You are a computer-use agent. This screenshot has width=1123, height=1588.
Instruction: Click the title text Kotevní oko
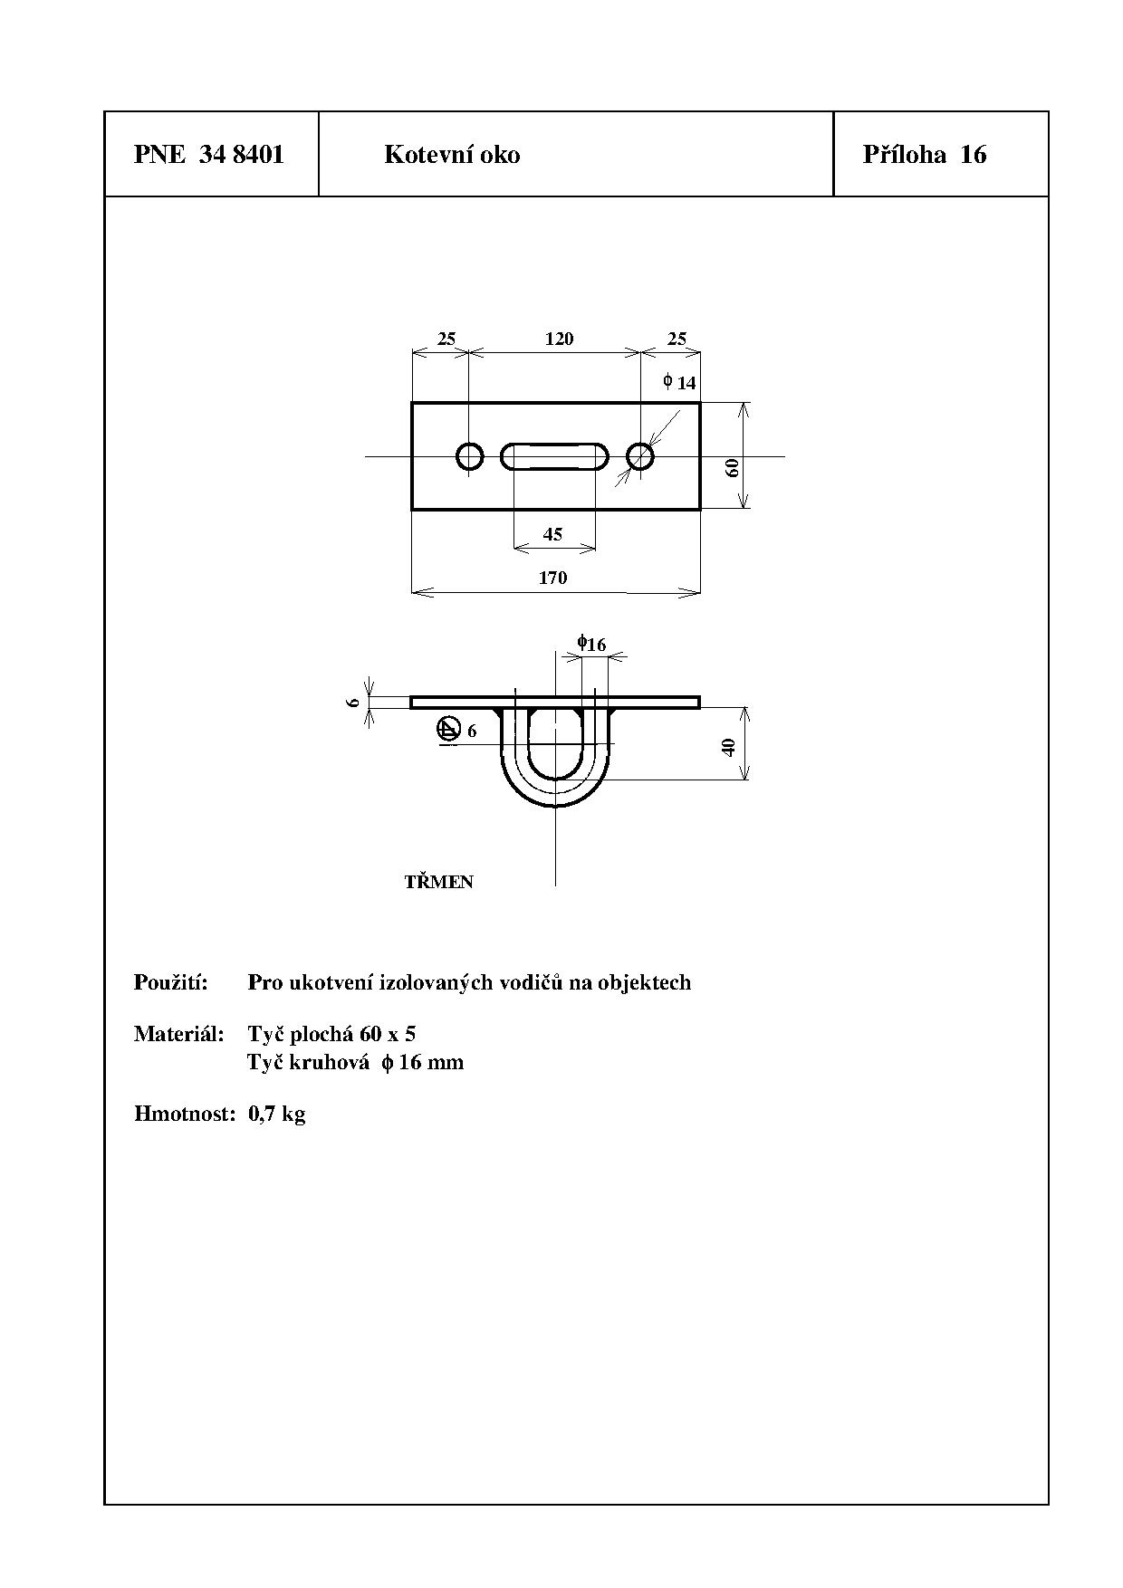(x=452, y=155)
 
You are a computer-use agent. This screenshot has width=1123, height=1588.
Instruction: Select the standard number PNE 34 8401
(x=209, y=155)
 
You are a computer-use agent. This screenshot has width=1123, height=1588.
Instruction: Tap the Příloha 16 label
(x=925, y=155)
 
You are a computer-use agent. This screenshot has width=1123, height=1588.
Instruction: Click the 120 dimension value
(x=560, y=339)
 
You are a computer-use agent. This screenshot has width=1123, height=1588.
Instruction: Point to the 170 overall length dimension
(x=552, y=578)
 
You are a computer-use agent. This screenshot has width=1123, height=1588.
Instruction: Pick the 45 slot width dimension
(x=552, y=534)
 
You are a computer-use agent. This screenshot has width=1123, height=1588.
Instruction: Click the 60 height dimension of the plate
(x=733, y=467)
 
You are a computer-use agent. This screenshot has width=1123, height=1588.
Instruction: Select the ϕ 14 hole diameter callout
(x=679, y=382)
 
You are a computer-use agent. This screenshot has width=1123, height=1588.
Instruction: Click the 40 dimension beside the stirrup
(x=729, y=748)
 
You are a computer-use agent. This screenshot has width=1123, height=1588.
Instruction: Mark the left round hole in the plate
(x=469, y=456)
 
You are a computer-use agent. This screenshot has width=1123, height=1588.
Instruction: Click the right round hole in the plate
(x=640, y=456)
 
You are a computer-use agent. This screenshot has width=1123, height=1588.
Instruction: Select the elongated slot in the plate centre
(x=554, y=456)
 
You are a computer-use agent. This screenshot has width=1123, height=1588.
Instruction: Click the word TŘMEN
(x=439, y=882)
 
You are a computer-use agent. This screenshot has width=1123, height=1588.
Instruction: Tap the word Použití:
(x=171, y=982)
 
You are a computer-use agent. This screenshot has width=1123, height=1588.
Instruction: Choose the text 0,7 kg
(x=277, y=1114)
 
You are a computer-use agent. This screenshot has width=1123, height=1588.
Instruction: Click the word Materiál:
(x=179, y=1034)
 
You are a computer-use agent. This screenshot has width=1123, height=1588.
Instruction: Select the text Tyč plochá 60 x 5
(x=331, y=1034)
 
